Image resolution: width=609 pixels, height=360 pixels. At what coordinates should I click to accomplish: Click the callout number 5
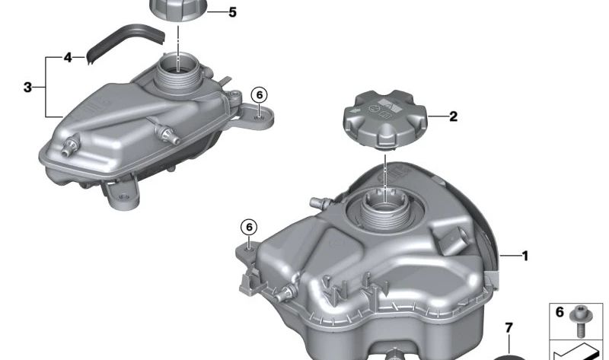click(232, 13)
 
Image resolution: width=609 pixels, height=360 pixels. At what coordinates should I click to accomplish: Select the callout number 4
click(68, 58)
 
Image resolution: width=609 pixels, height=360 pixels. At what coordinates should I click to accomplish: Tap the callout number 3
click(27, 88)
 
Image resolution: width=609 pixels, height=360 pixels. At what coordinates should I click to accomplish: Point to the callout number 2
click(453, 116)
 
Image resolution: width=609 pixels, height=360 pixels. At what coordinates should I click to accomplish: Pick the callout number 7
click(509, 329)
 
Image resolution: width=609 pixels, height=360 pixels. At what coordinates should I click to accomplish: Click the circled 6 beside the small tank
click(259, 94)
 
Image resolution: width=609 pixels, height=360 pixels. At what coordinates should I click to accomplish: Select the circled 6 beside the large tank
click(249, 226)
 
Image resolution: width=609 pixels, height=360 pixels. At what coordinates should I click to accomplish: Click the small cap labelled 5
click(177, 11)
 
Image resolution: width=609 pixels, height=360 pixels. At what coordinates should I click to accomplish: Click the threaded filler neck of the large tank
click(386, 209)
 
